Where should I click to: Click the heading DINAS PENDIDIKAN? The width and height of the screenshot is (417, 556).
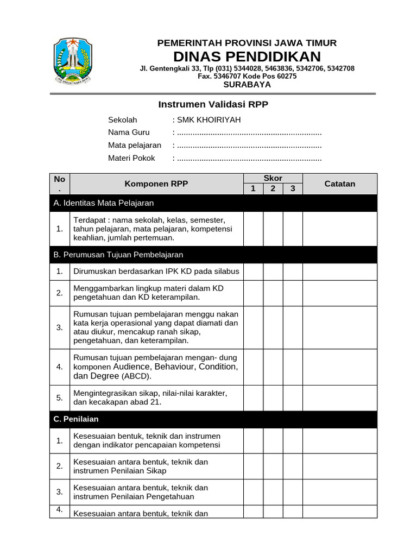[x=247, y=56]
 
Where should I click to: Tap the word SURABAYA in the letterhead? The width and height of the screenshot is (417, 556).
[x=247, y=84]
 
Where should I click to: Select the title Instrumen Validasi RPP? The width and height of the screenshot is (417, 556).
[x=213, y=104]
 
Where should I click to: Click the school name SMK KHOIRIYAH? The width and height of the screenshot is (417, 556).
[x=208, y=120]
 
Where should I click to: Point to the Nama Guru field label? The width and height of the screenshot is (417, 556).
[x=129, y=132]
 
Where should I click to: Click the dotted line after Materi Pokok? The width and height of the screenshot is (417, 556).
[x=249, y=159]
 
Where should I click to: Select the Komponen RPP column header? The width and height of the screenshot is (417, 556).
[x=156, y=184]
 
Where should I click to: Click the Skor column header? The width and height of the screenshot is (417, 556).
[x=273, y=178]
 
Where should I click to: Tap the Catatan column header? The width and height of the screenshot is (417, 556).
[x=339, y=184]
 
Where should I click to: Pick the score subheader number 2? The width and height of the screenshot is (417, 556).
[x=273, y=189]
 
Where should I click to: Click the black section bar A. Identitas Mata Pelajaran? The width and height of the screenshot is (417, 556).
[x=213, y=203]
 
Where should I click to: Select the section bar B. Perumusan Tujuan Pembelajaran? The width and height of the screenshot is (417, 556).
[x=213, y=255]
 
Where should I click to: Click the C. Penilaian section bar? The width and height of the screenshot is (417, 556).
[x=213, y=419]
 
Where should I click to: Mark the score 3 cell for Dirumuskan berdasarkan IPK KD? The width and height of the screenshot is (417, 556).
[x=293, y=271]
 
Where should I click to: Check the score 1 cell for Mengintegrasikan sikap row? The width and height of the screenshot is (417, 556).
[x=253, y=398]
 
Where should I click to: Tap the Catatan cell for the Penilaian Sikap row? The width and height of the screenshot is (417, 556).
[x=339, y=466]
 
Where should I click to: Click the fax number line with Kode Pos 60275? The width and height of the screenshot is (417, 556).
[x=247, y=77]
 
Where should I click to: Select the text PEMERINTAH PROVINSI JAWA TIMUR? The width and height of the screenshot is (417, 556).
[x=247, y=43]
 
